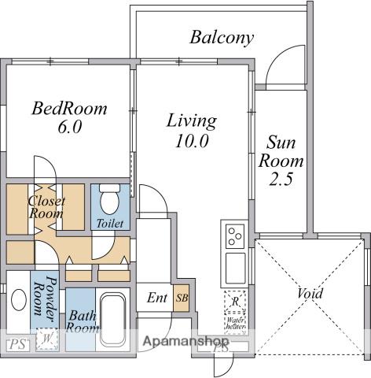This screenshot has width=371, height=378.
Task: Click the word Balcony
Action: click(222, 37)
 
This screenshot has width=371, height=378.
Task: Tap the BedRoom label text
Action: click(69, 109)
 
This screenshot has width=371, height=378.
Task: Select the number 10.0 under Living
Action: click(191, 142)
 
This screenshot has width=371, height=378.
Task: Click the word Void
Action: click(310, 295)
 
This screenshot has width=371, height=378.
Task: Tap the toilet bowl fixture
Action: click(109, 199)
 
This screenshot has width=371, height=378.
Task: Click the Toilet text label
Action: click(109, 224)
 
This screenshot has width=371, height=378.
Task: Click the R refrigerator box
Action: click(235, 302)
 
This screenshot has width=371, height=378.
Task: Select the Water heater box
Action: click(235, 324)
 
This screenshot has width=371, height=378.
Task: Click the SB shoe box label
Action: click(182, 299)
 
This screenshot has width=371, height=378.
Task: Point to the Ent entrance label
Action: click(156, 299)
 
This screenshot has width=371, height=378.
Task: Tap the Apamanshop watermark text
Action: click(185, 343)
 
